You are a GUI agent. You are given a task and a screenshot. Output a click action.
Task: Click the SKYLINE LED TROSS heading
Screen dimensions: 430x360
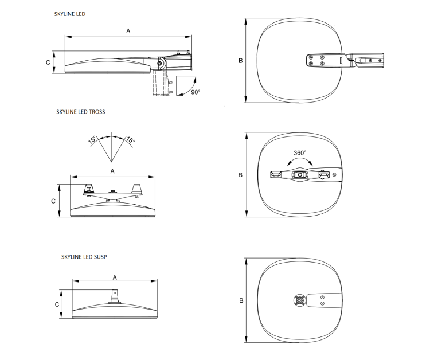point(81,112)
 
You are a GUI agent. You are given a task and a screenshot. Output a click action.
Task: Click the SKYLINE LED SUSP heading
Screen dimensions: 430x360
point(84,257)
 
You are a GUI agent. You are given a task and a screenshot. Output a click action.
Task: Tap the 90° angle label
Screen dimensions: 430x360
point(196,92)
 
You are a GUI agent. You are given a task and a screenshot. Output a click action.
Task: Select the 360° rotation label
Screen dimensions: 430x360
point(300,153)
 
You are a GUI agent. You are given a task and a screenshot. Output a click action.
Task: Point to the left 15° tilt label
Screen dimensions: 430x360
point(92,139)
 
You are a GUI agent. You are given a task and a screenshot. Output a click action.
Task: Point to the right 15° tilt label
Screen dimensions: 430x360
point(131,139)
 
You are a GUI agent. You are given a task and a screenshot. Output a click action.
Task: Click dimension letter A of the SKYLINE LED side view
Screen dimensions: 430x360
point(128,32)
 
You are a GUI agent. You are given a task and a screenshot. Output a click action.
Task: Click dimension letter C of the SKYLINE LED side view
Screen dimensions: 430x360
point(48,62)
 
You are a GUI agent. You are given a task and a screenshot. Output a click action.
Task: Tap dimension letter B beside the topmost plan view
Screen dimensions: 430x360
point(240,61)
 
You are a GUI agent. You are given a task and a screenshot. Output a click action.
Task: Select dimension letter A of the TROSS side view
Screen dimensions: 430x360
point(112,171)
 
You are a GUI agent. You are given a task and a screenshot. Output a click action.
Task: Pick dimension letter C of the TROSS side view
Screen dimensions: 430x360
point(53,201)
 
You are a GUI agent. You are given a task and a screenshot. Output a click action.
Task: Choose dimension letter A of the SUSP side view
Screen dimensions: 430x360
point(115,277)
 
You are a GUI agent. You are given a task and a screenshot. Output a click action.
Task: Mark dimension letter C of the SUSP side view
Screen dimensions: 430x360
point(57,304)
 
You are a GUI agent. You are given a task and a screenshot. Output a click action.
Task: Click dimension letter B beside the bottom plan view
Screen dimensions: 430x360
point(241,300)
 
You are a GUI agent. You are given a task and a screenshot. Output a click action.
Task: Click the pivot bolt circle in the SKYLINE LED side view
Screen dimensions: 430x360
point(159,64)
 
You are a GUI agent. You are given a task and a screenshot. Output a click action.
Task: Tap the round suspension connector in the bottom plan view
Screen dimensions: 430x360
point(300,300)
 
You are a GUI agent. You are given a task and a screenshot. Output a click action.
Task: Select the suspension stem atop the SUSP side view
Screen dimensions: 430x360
point(114,296)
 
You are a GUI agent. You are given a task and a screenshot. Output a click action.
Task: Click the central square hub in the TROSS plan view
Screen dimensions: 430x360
point(300,175)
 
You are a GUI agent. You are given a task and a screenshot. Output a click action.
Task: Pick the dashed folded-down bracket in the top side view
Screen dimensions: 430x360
point(160,83)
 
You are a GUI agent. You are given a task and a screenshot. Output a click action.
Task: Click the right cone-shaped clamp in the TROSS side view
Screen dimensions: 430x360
point(137,189)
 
